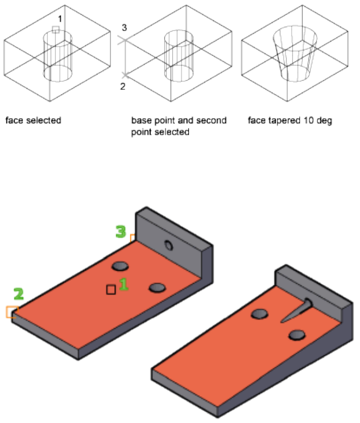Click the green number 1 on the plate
tap(123, 284)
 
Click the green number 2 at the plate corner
tap(19, 294)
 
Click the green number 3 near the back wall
tap(121, 231)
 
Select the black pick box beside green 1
tap(111, 289)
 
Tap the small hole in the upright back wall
tap(168, 246)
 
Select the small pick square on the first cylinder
tap(55, 30)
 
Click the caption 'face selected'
tap(33, 121)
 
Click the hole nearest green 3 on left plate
tap(119, 266)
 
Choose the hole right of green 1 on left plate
tap(157, 288)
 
